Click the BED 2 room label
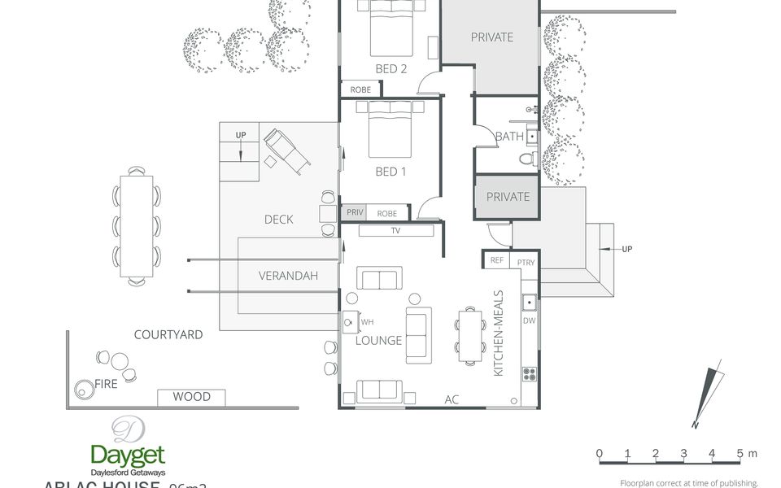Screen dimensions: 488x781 [390, 69]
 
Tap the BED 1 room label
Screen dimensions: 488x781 [390, 172]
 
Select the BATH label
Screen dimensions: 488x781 [509, 137]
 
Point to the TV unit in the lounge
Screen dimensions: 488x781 [395, 231]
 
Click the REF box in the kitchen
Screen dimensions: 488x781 [496, 261]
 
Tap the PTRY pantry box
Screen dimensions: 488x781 [526, 261]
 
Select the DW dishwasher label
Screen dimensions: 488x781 [530, 321]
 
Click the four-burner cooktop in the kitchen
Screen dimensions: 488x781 [530, 374]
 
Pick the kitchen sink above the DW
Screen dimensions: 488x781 [530, 303]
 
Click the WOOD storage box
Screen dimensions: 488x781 [191, 397]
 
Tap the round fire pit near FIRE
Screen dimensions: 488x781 [84, 389]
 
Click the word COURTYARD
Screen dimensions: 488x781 [168, 334]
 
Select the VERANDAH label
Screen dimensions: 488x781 [288, 276]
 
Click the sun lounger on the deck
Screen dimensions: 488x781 [287, 151]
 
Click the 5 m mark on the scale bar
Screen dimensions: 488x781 [740, 453]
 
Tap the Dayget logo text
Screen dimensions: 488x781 [128, 455]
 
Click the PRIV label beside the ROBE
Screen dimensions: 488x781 [354, 213]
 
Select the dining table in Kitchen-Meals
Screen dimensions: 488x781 [469, 335]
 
